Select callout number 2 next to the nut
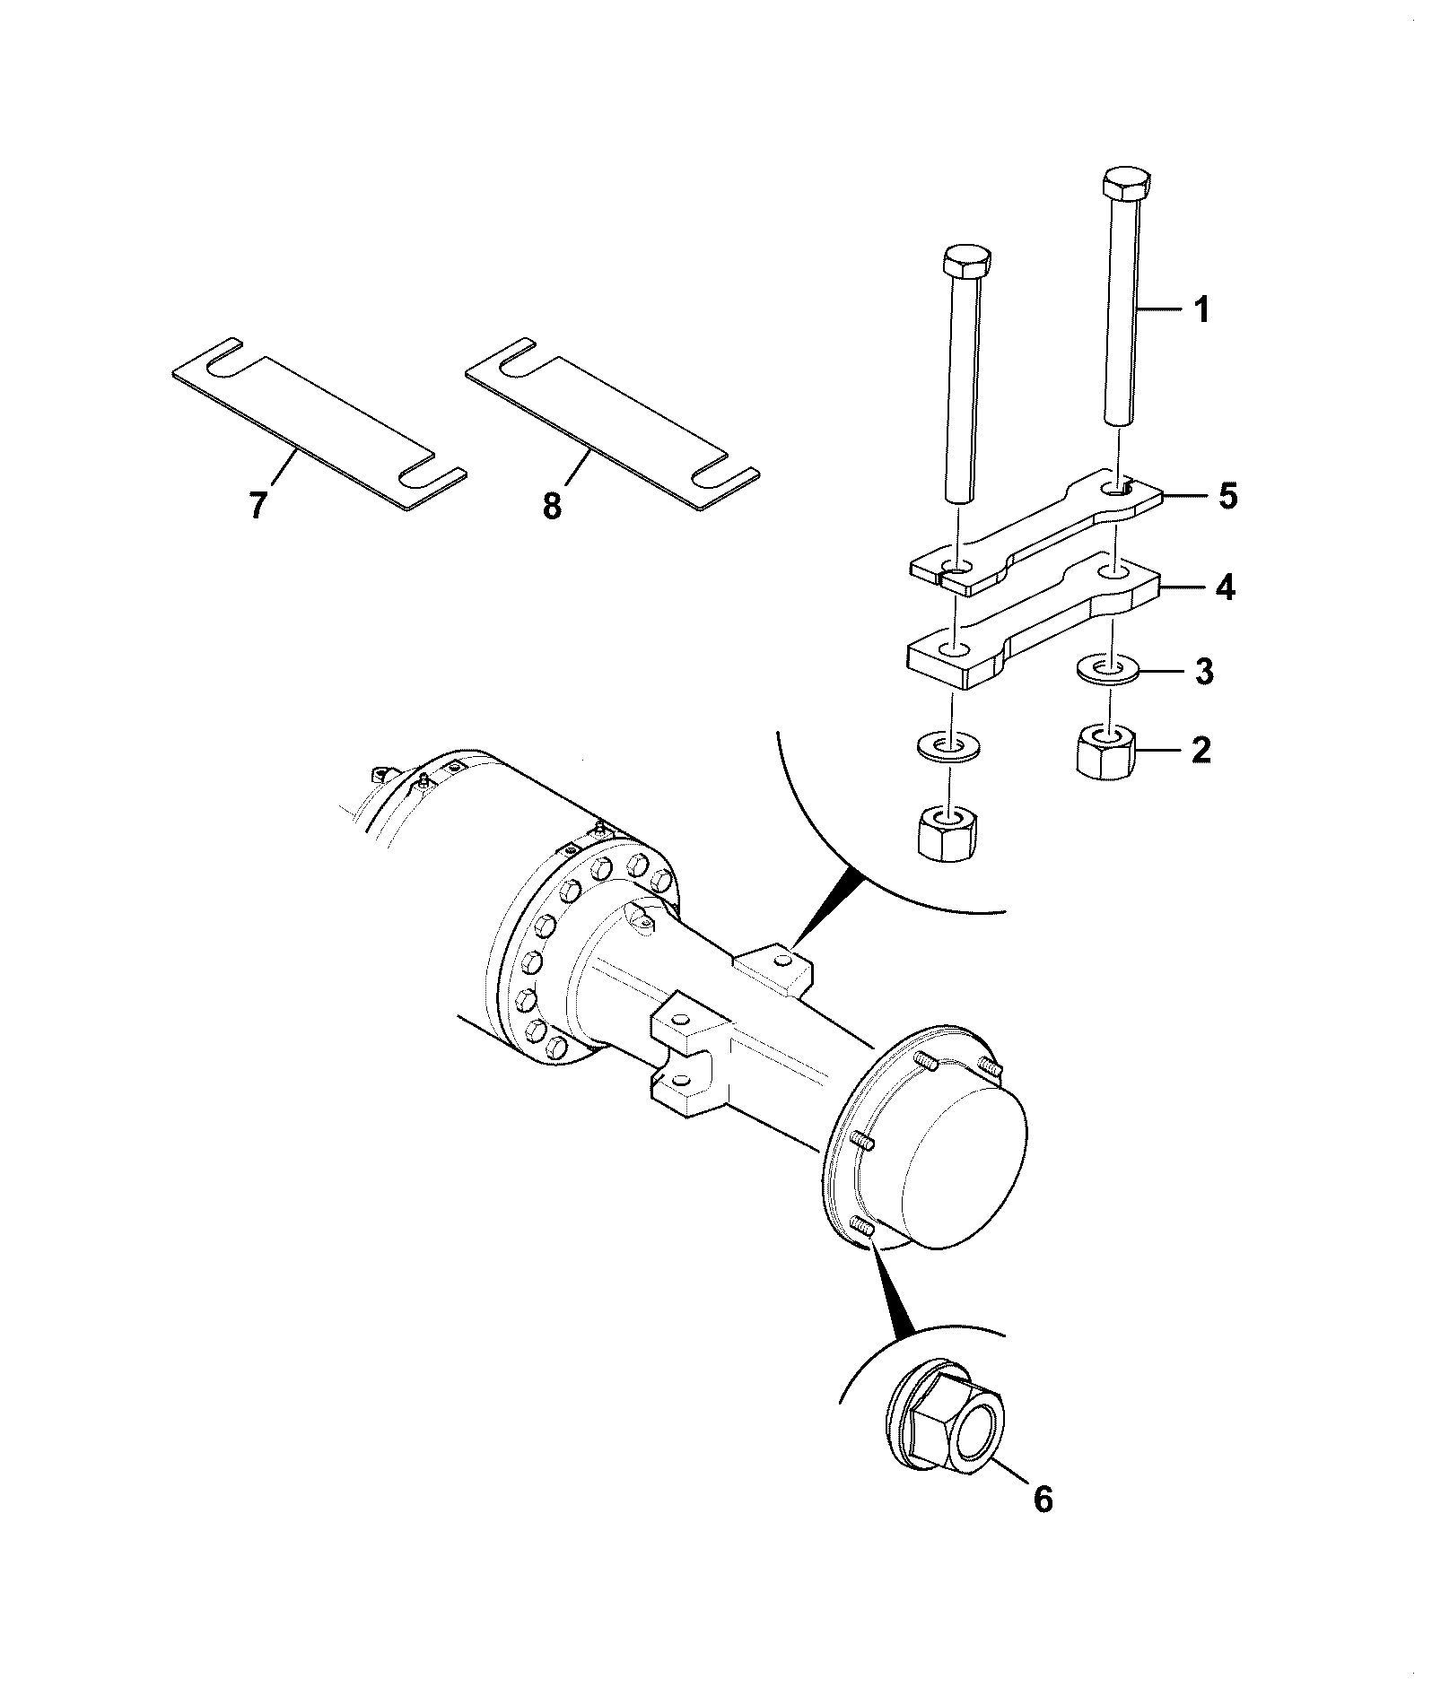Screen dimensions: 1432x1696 click(x=1200, y=750)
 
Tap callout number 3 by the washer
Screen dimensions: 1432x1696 click(x=1204, y=670)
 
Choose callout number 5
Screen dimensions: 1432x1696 click(x=1227, y=495)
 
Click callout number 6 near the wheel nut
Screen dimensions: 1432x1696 click(x=1043, y=1499)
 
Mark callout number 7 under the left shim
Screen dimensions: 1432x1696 click(x=258, y=506)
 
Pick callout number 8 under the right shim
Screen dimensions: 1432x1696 click(x=552, y=506)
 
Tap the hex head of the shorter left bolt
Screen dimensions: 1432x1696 click(x=967, y=264)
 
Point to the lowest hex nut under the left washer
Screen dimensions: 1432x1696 click(x=948, y=831)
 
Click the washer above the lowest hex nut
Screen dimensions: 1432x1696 click(x=950, y=745)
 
